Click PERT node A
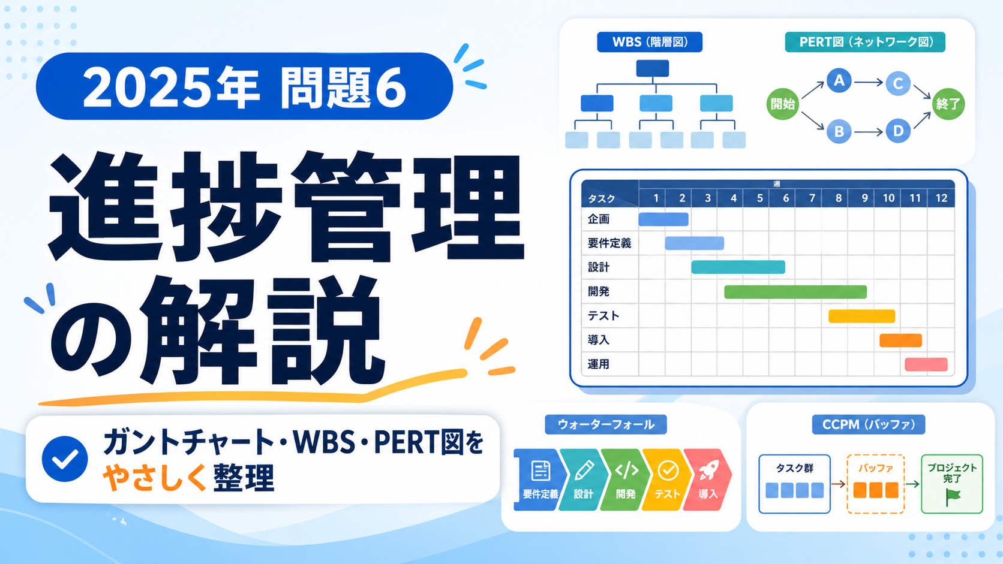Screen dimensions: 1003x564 (839, 80)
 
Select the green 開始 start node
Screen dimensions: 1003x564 (783, 104)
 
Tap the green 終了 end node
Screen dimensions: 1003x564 (948, 104)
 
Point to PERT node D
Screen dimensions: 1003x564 (898, 131)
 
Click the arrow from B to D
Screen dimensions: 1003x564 (868, 132)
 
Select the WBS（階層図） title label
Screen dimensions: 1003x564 (650, 42)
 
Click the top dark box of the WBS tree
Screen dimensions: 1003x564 (653, 68)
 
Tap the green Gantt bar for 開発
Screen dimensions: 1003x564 (795, 292)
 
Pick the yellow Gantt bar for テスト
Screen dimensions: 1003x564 (861, 316)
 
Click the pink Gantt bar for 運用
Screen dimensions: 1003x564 (926, 364)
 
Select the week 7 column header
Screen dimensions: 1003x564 (812, 198)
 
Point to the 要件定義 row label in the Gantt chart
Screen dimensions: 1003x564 (609, 243)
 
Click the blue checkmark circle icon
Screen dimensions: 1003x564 (65, 459)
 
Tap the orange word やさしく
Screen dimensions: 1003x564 (155, 478)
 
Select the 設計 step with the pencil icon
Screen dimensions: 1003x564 (584, 480)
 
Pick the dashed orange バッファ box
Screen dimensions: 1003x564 (875, 484)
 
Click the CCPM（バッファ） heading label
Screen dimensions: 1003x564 (868, 424)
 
